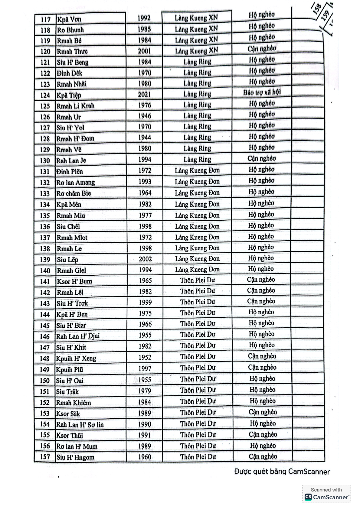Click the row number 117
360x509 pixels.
point(45,20)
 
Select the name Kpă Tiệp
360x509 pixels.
point(69,95)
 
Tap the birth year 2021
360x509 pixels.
point(144,95)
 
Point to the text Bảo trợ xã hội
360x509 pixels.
point(262,92)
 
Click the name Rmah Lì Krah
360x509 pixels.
point(76,106)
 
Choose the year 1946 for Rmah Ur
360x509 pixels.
point(145,116)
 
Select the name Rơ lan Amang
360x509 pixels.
point(76,183)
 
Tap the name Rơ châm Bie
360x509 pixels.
point(74,193)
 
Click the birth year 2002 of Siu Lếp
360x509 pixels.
point(145,259)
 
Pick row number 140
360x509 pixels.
point(45,271)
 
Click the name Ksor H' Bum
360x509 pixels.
point(74,281)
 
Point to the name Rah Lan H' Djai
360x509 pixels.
point(78,336)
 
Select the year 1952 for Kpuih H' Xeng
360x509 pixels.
point(145,357)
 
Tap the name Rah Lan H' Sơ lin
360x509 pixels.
point(80,425)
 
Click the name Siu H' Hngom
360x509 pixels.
point(75,457)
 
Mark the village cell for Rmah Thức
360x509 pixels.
point(197,51)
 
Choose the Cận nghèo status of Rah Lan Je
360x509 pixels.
point(262,158)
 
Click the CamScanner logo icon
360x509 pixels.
point(308,497)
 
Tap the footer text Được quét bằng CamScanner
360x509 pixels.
point(282,472)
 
